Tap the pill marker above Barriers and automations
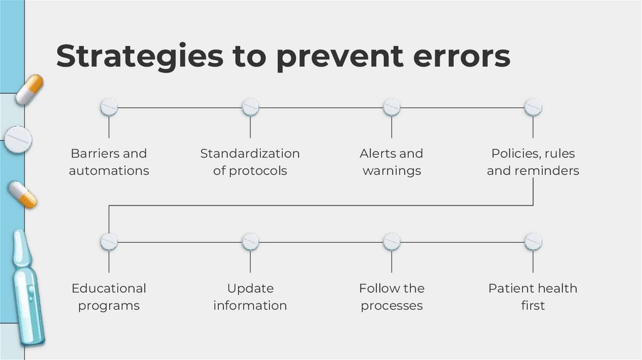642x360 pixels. tap(109, 107)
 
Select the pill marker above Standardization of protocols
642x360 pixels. tap(250, 107)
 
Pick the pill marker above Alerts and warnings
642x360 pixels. tap(392, 107)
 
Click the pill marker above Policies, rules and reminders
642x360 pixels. tap(533, 107)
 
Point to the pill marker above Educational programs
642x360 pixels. tap(109, 241)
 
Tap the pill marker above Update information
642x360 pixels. tap(250, 241)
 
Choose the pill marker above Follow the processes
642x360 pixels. tap(392, 241)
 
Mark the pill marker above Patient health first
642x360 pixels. tap(533, 241)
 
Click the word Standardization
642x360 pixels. tap(250, 154)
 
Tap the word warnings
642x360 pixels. tap(392, 171)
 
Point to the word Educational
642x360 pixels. tap(109, 289)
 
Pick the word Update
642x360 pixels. tap(250, 289)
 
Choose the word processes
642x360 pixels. tap(392, 306)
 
